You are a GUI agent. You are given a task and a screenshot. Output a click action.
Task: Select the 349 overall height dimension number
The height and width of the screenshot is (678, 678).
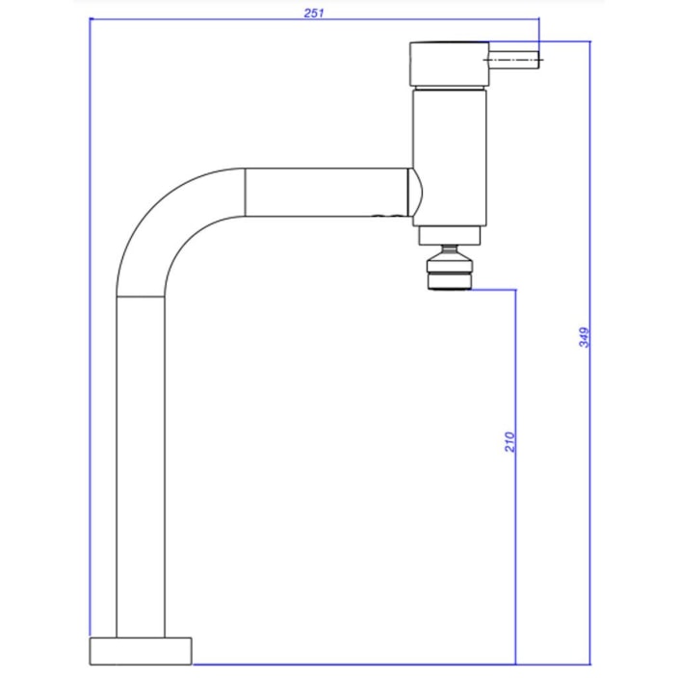584,338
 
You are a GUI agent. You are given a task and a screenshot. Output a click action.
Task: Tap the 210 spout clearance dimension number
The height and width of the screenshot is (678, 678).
510,441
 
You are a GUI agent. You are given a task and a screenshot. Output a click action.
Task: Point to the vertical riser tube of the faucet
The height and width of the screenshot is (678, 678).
141,462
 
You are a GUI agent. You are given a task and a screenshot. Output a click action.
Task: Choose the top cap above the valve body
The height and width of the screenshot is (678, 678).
448,64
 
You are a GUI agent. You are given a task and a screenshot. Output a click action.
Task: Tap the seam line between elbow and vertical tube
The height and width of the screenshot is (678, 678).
141,297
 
